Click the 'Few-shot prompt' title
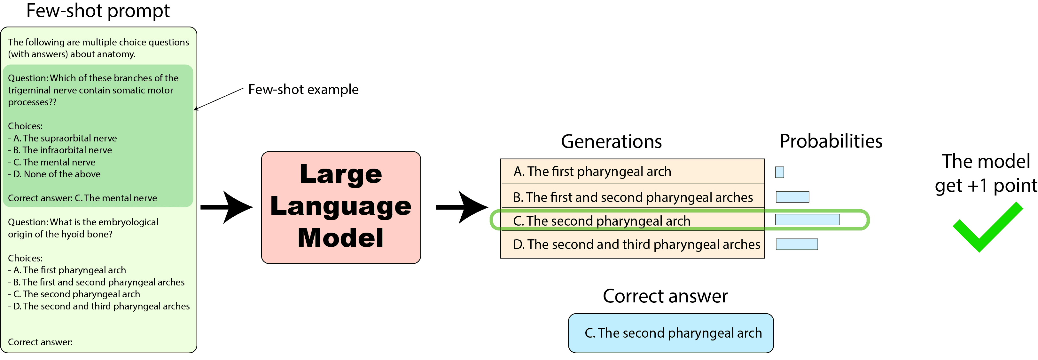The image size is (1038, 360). (98, 11)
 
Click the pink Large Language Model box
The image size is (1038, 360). (341, 208)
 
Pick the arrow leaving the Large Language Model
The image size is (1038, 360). (462, 207)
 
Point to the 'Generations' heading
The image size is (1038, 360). (611, 141)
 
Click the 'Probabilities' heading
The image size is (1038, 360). (831, 141)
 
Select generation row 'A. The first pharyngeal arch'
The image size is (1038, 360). (633, 171)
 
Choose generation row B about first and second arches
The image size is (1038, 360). (633, 197)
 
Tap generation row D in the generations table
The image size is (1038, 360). (633, 244)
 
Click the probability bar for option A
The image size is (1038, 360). (780, 172)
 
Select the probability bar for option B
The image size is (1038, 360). (792, 197)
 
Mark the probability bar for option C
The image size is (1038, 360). (808, 220)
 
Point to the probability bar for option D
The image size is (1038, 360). (797, 244)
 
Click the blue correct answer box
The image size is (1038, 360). (671, 333)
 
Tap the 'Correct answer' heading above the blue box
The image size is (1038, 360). (665, 296)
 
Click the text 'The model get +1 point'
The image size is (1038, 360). (986, 174)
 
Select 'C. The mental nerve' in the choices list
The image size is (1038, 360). (54, 162)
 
